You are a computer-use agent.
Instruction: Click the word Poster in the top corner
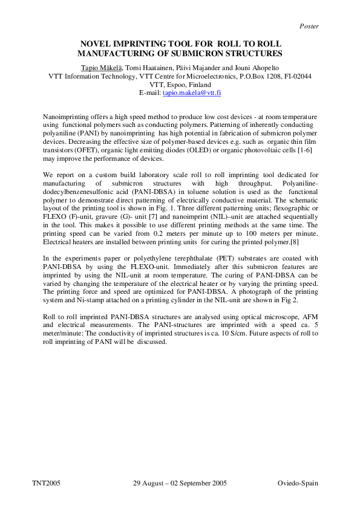(309, 26)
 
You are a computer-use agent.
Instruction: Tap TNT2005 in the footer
(46, 484)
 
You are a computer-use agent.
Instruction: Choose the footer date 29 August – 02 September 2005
(179, 484)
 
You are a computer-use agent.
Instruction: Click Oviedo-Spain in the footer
(298, 484)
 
